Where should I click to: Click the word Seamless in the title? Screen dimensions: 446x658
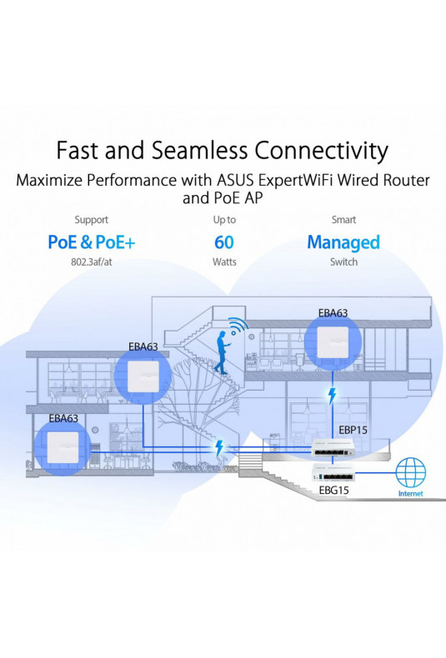(199, 150)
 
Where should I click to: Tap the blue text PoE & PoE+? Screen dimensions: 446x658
(92, 242)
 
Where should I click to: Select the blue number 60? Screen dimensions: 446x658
(224, 242)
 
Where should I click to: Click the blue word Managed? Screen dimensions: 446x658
(343, 242)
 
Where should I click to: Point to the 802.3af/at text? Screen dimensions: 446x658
(92, 262)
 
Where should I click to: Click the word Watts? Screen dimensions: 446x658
(224, 262)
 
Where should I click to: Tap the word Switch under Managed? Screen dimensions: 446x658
(343, 262)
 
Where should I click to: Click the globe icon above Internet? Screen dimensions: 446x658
(411, 472)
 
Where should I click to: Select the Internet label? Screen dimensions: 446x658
(411, 493)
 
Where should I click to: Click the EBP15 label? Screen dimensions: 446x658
(353, 430)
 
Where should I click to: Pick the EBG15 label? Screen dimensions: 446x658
(333, 490)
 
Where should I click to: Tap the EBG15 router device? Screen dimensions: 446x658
(333, 473)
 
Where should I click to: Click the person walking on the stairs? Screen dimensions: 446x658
(221, 352)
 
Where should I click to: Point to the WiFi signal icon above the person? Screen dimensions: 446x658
(238, 327)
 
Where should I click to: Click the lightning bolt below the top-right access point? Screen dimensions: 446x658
(332, 396)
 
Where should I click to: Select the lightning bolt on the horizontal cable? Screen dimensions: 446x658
(218, 448)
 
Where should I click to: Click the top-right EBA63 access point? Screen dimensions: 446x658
(333, 342)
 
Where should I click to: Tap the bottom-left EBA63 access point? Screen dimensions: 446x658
(63, 447)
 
